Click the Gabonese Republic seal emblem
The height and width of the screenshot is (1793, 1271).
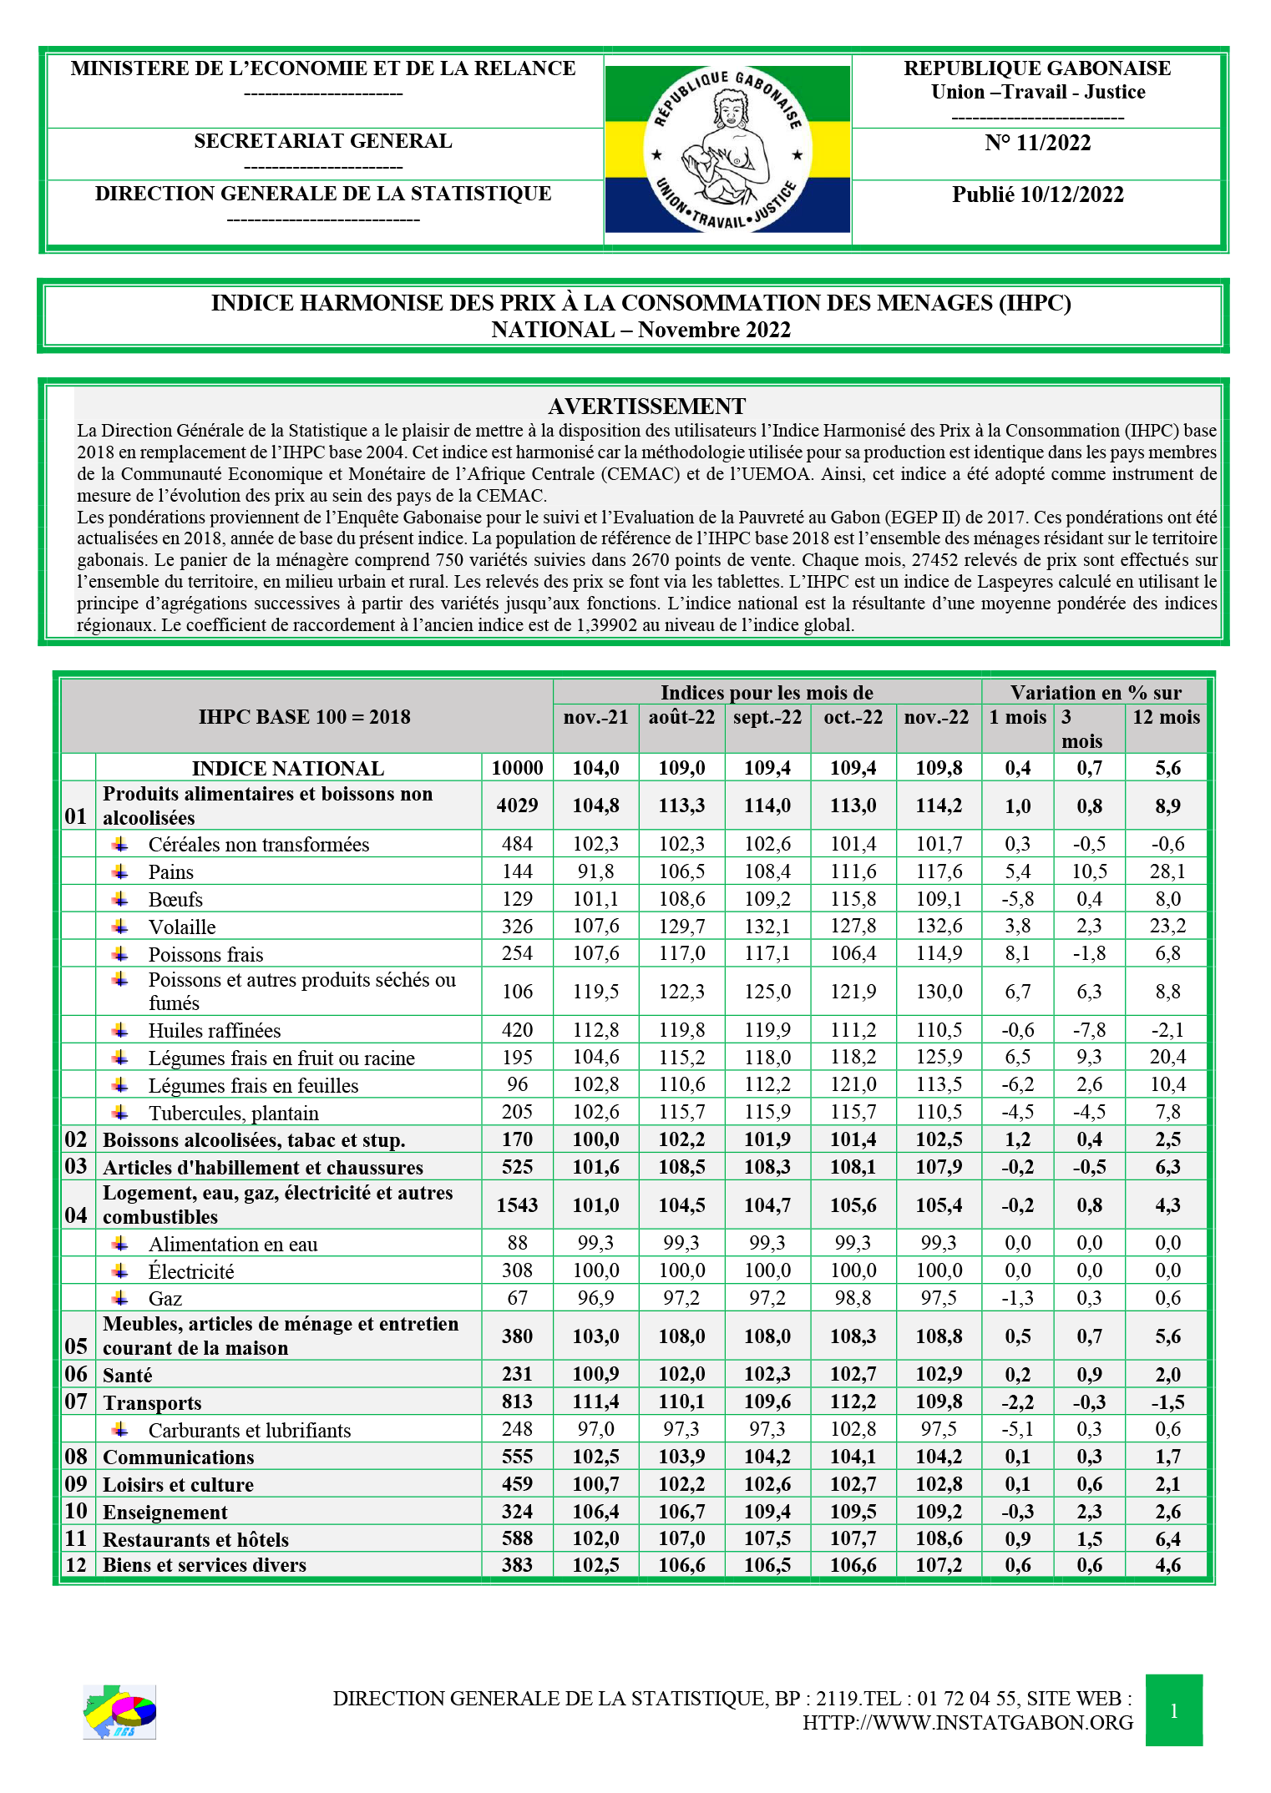727,149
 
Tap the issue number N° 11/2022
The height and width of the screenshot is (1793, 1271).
1037,144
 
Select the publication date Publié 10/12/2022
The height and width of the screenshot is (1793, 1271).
1037,195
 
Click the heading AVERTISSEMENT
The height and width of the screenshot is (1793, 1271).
646,407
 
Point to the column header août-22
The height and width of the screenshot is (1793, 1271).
681,718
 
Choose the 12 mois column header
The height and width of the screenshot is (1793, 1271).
1166,718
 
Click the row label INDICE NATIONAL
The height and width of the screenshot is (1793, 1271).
288,769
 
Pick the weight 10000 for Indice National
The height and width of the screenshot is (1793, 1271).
517,769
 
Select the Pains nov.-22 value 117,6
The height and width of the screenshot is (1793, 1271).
939,872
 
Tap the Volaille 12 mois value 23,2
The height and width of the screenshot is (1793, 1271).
1167,927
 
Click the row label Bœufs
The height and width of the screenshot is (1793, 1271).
175,900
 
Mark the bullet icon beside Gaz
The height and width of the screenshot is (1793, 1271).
121,1298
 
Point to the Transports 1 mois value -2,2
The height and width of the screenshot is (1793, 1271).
1017,1402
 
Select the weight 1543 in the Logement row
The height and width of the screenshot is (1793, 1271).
517,1205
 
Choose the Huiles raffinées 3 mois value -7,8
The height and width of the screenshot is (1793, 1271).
1089,1031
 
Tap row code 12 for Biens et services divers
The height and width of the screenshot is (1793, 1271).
76,1565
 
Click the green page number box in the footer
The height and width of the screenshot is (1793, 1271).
1173,1710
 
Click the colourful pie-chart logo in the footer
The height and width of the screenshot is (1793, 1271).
119,1711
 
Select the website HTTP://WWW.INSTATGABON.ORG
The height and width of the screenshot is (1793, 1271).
968,1723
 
